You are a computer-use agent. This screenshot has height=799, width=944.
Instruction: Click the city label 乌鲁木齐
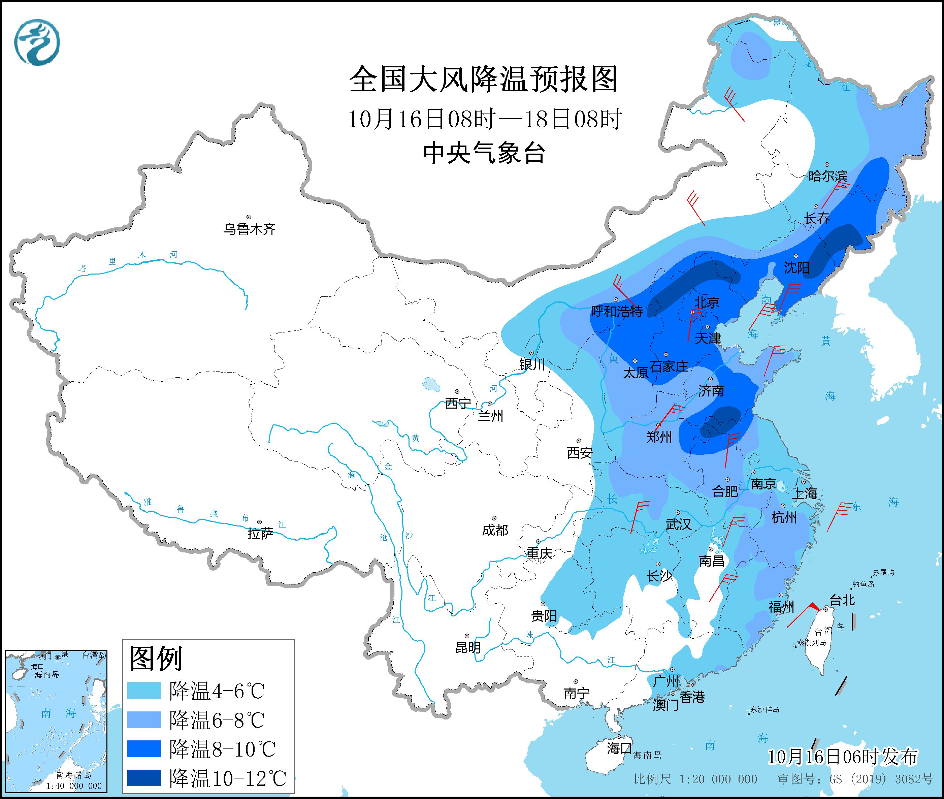click(x=249, y=229)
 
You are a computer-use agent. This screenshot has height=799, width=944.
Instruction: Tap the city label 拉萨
click(x=260, y=534)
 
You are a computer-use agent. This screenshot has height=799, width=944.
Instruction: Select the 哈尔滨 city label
click(x=827, y=176)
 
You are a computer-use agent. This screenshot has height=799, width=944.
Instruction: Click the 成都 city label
click(x=495, y=530)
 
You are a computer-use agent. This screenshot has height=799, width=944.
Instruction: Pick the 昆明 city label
click(x=468, y=648)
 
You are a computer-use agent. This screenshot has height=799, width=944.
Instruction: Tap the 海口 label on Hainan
click(x=619, y=748)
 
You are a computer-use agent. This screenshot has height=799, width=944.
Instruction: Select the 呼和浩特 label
click(x=617, y=311)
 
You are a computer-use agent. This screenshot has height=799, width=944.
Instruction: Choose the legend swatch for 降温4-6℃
click(x=144, y=691)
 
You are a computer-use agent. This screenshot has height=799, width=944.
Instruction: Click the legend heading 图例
click(x=156, y=659)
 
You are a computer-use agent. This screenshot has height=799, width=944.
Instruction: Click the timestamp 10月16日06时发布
click(x=843, y=757)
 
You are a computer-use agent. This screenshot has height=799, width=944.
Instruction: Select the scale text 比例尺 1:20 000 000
click(x=695, y=779)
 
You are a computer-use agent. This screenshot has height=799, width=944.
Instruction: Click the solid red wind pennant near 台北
click(x=814, y=606)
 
